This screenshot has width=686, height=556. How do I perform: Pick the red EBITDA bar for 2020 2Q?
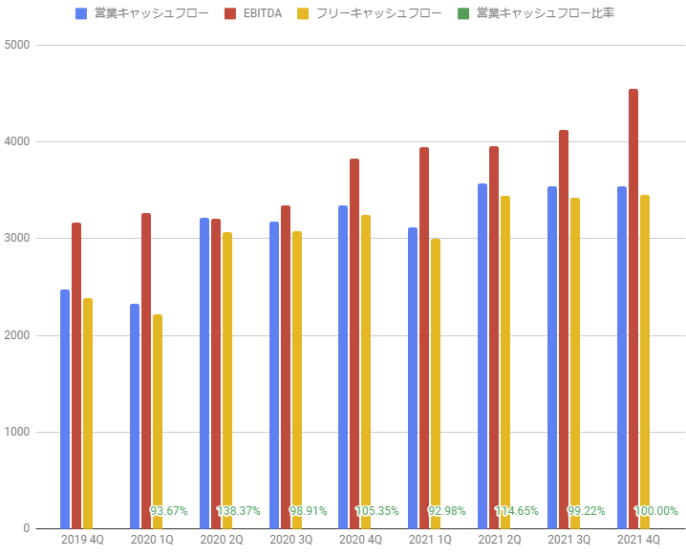point(216,374)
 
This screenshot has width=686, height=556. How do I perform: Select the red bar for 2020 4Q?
point(354,344)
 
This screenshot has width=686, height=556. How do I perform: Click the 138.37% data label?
point(239,511)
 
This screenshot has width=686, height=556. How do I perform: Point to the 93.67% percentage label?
point(169,511)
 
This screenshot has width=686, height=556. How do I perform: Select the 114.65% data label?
point(517,511)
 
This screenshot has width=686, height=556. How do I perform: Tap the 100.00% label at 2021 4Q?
point(656,511)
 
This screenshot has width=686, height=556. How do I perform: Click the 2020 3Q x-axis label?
point(290,541)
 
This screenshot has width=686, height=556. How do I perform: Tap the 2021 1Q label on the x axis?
point(430,541)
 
